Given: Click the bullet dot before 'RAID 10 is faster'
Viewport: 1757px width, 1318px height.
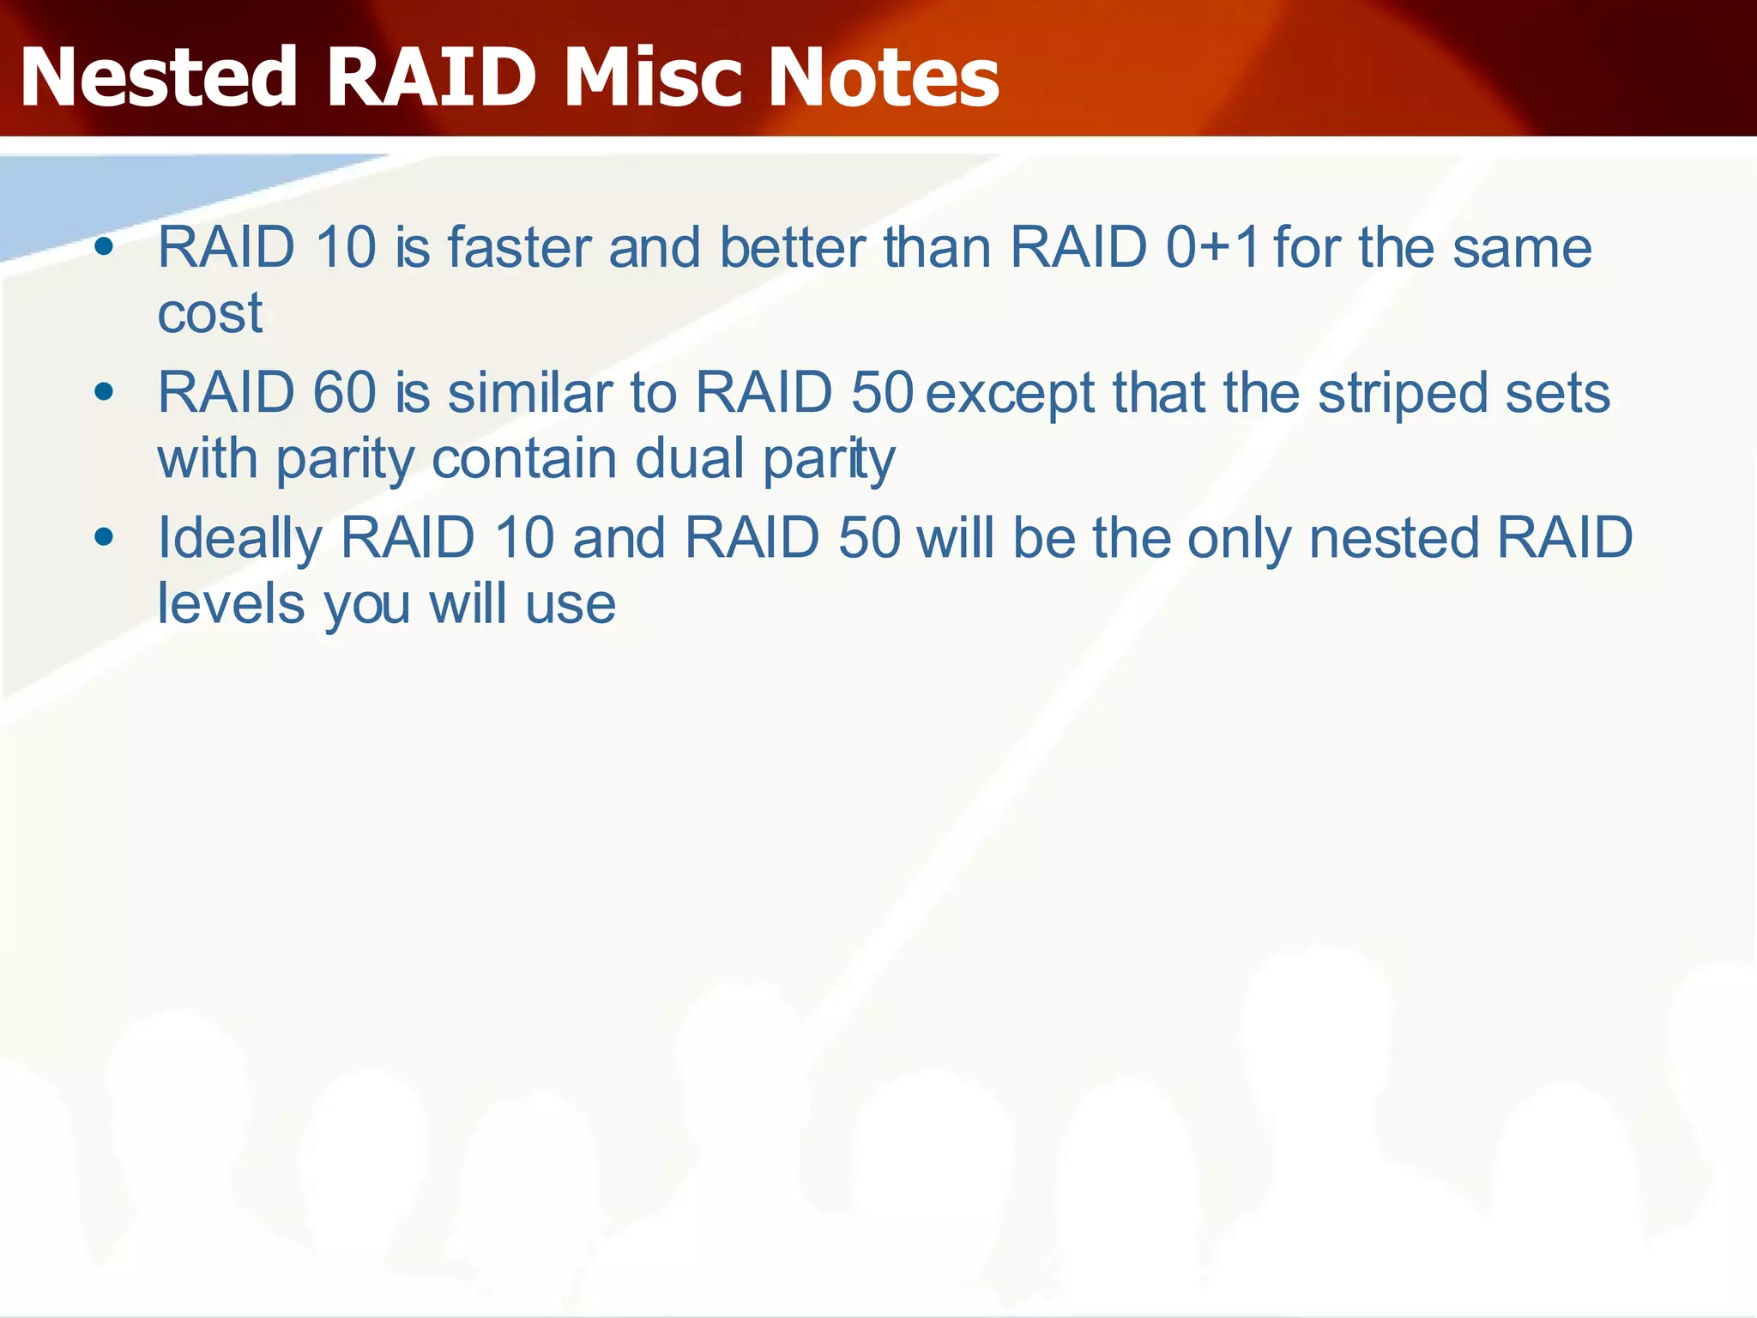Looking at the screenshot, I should coord(105,248).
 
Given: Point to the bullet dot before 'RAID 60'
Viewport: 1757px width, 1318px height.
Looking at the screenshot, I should coord(105,393).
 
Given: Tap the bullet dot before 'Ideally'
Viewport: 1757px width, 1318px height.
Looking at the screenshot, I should coord(105,538).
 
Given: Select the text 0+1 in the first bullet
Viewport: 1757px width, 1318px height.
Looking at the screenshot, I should coord(1212,248).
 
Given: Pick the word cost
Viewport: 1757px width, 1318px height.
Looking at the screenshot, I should coord(209,313).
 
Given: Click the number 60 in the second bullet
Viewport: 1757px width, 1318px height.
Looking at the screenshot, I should coord(344,393).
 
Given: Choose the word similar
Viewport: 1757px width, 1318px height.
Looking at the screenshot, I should coord(529,393).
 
